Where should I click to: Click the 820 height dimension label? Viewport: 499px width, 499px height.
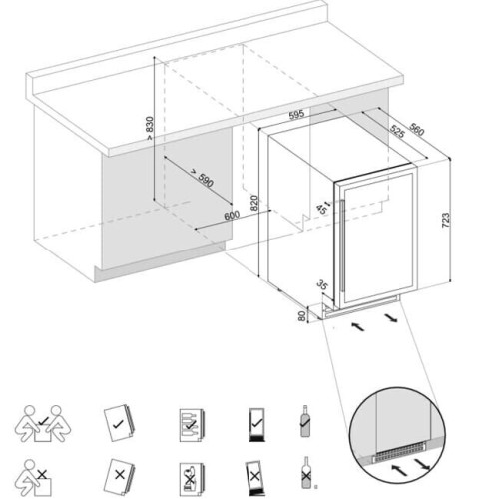pos(255,204)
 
